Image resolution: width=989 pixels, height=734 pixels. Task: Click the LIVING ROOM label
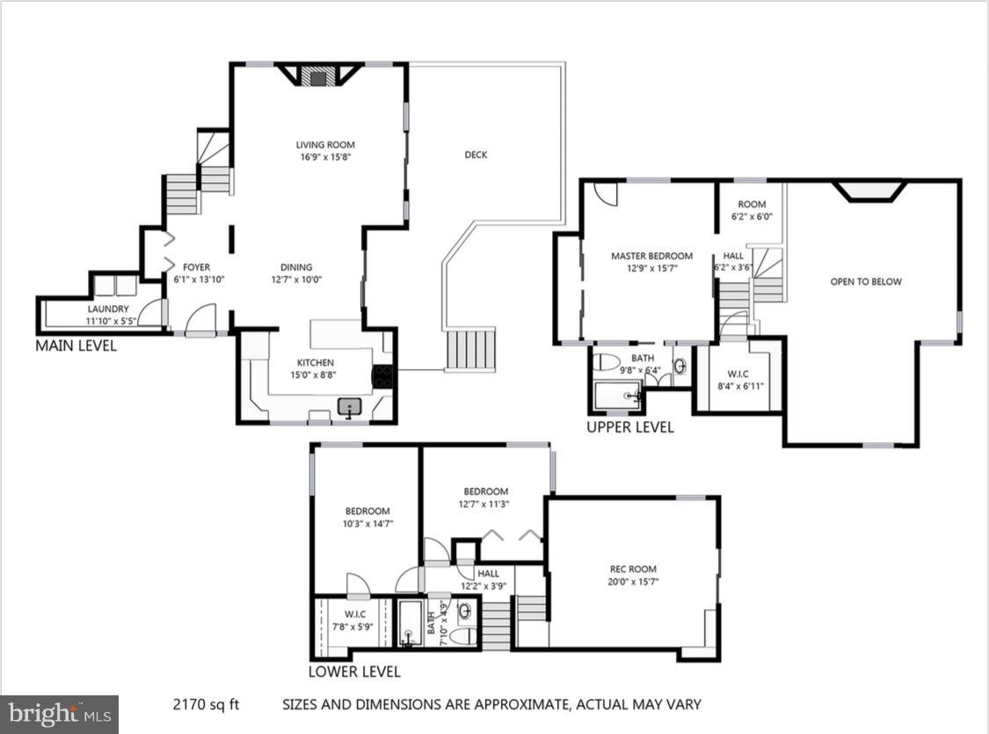coord(324,145)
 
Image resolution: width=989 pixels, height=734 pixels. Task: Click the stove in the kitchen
coord(383,377)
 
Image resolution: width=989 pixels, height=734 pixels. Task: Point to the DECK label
coord(476,155)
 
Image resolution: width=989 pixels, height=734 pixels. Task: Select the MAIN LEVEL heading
coord(76,345)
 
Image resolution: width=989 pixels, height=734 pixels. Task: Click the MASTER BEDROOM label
coord(651,257)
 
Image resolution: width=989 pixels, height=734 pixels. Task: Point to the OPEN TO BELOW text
coord(866,282)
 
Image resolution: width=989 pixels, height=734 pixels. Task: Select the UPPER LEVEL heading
coord(630,427)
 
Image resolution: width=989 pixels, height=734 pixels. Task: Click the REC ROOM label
coord(633,570)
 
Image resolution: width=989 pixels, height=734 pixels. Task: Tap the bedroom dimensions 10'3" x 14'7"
coord(368,523)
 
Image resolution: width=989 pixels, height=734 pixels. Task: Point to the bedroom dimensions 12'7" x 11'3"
coord(484,504)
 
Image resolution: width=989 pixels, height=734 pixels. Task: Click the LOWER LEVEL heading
coord(354,672)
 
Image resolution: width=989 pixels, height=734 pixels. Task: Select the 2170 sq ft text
coord(204,704)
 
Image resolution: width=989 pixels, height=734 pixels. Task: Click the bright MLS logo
coord(59,714)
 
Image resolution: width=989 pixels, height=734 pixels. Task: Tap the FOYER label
coord(196,267)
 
